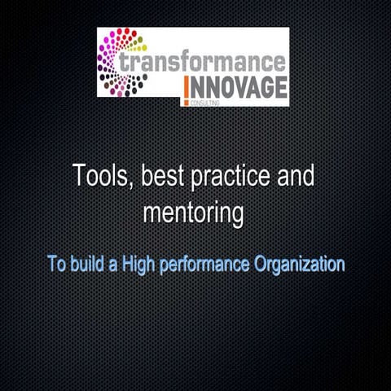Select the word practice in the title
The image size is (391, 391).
[x=231, y=177]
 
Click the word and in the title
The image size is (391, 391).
[x=297, y=176]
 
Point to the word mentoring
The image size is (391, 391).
[x=194, y=213]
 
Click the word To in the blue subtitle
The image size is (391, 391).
[x=55, y=265]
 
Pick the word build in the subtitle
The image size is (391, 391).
[x=89, y=265]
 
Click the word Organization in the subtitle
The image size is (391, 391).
[x=298, y=266]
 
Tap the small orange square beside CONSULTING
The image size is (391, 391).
[x=187, y=103]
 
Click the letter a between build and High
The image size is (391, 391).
[x=116, y=266]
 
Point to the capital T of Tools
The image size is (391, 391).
[x=80, y=175]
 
